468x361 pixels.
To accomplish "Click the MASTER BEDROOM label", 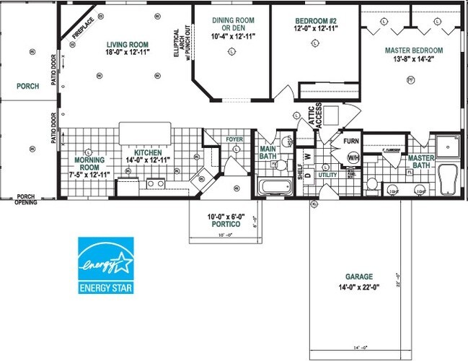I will tap(414, 51).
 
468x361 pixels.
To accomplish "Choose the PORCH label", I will tap(28, 86).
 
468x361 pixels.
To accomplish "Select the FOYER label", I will tap(234, 139).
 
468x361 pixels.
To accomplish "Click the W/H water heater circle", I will tap(353, 157).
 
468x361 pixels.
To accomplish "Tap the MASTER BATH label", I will tap(421, 162).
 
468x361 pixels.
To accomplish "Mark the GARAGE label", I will tap(358, 277).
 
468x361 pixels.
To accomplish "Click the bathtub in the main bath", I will tap(274, 188).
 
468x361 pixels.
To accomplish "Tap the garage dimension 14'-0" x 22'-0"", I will tap(358, 287).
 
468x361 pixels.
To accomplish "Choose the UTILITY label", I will tap(327, 175).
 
